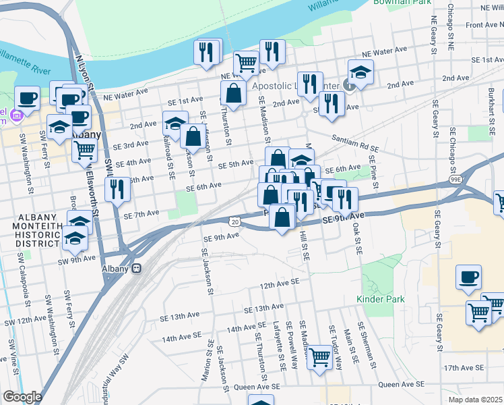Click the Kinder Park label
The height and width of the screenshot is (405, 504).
tap(380, 298)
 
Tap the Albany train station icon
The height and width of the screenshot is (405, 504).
tap(136, 268)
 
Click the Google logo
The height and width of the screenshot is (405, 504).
tap(22, 397)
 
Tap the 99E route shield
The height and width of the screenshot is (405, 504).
tap(456, 180)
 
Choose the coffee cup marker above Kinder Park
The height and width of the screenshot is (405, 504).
tap(469, 277)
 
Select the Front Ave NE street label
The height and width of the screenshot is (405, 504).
tap(484, 25)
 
